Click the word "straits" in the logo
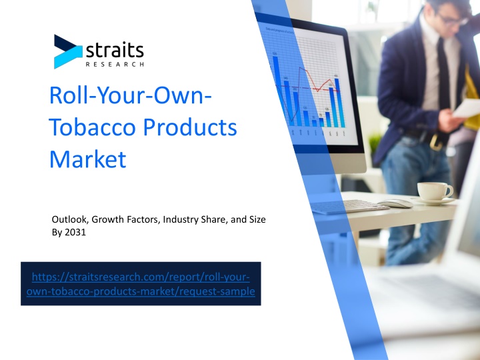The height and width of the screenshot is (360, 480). click(115, 49)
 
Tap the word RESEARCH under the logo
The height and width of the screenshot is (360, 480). click(115, 64)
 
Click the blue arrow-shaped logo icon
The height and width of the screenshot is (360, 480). click(68, 51)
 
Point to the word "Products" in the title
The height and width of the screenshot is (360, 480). click(190, 127)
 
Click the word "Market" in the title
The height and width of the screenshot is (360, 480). click(87, 159)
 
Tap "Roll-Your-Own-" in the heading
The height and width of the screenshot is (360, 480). click(131, 95)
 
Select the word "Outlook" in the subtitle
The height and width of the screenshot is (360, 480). click(70, 219)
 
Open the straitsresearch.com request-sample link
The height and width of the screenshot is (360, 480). click(141, 284)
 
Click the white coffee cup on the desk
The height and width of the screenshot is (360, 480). click(435, 191)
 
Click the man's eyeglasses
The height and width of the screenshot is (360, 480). click(453, 19)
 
